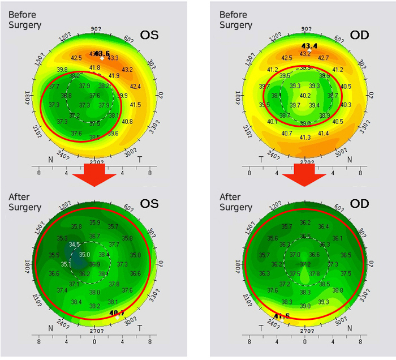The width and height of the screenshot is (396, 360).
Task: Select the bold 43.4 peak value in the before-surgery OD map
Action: [x=309, y=46]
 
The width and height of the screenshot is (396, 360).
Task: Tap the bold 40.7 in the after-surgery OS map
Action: [x=117, y=312]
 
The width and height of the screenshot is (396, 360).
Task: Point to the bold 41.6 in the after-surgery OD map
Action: [x=282, y=316]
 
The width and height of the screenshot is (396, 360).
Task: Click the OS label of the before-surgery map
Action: [x=150, y=35]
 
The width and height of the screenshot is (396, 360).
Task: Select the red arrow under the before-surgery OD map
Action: [x=304, y=173]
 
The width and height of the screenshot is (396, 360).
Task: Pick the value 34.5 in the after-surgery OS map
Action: [x=75, y=245]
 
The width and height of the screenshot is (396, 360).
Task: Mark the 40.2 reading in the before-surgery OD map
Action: [x=305, y=96]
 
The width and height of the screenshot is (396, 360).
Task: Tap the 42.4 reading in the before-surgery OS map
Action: [x=136, y=87]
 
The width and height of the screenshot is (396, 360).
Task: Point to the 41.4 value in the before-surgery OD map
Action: [x=323, y=133]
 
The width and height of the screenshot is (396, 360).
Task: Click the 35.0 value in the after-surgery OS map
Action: [x=84, y=255]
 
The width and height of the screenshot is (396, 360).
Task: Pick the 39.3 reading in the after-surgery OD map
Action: [x=324, y=302]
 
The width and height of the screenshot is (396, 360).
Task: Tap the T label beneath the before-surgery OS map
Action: [x=140, y=160]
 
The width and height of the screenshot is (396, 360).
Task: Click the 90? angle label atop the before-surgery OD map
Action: [x=306, y=29]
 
